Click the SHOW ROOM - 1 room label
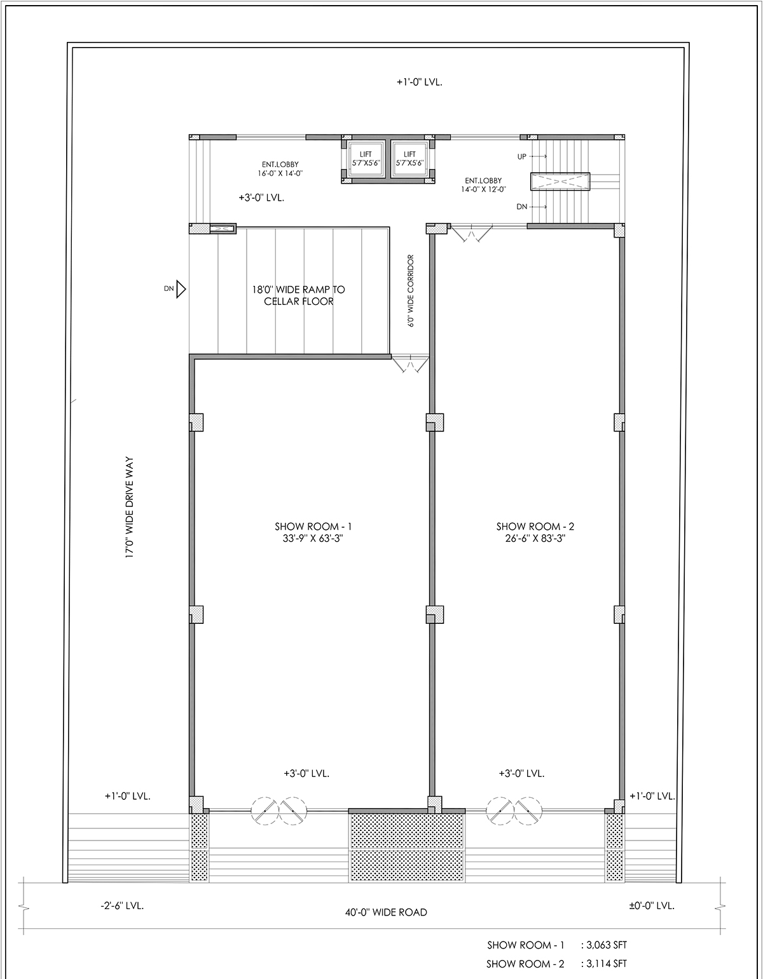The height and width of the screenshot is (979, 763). click(313, 526)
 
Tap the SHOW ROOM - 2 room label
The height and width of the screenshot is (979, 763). click(535, 526)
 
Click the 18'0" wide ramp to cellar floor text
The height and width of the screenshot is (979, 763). click(298, 295)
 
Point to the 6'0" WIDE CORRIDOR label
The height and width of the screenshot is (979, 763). click(411, 290)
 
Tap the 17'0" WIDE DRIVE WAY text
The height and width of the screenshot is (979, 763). click(130, 508)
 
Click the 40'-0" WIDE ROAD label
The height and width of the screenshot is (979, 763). click(386, 912)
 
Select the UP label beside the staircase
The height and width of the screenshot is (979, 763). click(521, 157)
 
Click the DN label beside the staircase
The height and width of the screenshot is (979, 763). click(521, 207)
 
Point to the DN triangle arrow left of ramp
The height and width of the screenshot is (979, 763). click(181, 289)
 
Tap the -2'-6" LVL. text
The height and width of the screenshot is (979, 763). click(122, 905)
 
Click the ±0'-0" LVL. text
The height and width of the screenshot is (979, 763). click(652, 905)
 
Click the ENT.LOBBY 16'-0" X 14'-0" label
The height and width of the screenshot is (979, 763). click(280, 168)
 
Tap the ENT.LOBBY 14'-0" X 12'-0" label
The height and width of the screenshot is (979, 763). click(483, 185)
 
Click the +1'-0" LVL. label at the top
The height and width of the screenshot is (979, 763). click(419, 83)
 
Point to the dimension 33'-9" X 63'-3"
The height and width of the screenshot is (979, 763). click(313, 538)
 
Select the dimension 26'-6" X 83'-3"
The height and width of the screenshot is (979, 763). click(535, 538)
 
